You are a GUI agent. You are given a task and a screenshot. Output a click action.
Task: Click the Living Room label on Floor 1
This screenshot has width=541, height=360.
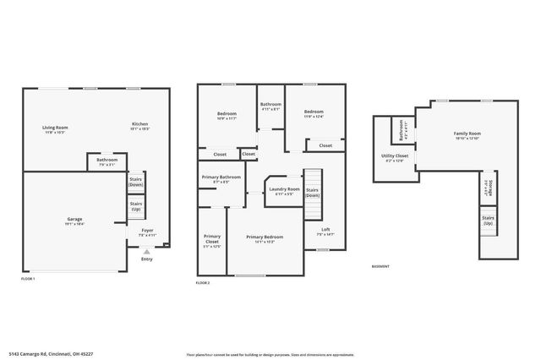56,128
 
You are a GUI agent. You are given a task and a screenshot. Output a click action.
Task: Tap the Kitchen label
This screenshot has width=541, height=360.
139,125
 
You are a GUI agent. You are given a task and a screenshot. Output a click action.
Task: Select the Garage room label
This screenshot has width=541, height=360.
74,221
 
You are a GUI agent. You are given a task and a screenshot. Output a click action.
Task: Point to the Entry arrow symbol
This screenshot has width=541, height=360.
146,251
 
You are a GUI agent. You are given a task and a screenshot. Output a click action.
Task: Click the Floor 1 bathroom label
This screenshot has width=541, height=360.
107,161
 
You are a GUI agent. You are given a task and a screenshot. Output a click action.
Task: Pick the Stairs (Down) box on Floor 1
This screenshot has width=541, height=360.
136,182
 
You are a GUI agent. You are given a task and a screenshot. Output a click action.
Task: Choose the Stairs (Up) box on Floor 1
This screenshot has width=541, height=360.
136,206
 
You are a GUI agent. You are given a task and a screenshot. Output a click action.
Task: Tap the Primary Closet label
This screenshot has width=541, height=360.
212,243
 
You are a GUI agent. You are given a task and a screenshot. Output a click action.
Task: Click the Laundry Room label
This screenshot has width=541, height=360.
283,190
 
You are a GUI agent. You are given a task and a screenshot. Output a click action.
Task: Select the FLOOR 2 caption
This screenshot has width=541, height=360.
203,282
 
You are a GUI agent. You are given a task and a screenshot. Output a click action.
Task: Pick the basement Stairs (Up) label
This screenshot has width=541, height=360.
488,221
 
